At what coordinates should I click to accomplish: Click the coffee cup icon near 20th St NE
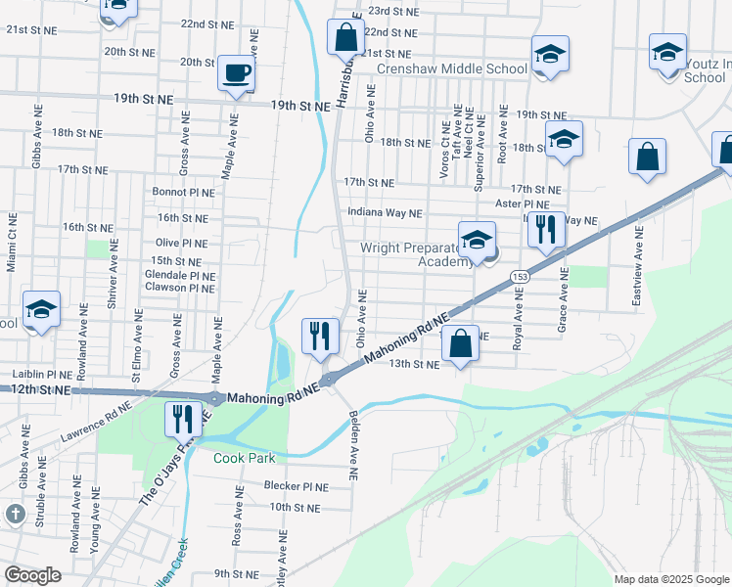235,72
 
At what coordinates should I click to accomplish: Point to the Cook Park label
245,458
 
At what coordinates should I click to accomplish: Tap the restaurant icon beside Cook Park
183,420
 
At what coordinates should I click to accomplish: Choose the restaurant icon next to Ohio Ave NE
321,337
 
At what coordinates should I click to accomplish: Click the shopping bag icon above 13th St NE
460,344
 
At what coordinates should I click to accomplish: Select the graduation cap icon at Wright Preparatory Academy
477,240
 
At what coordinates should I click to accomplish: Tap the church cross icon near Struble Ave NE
15,514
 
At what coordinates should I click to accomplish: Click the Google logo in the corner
33,575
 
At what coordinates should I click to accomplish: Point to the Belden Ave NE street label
354,446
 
